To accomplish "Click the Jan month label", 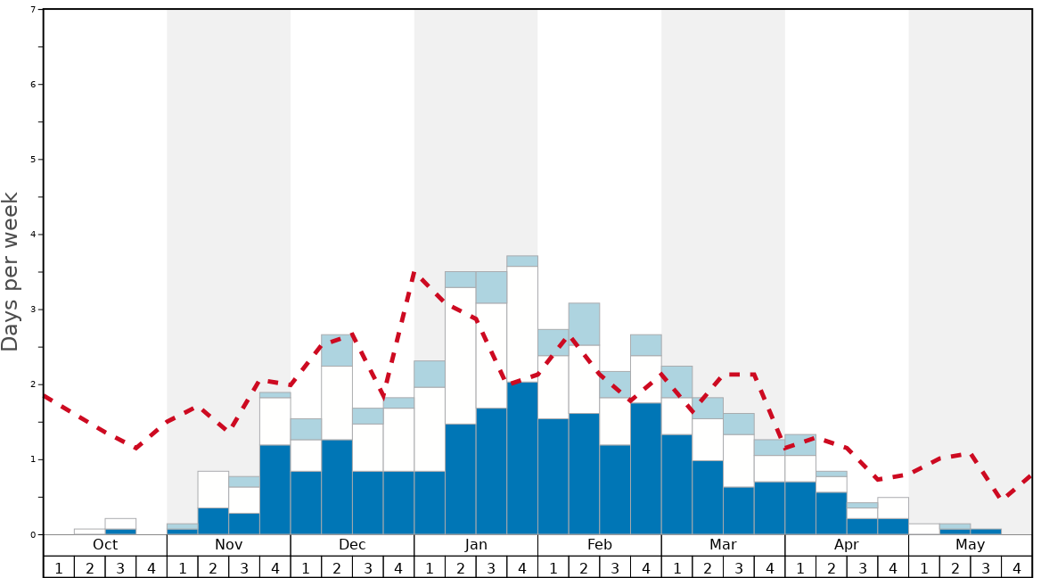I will (476, 545).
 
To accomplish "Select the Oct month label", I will (105, 545).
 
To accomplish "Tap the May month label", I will (970, 545).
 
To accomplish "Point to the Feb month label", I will (600, 545).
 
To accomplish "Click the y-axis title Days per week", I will (11, 271).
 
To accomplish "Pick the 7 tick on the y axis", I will (33, 10).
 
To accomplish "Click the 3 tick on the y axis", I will (33, 310).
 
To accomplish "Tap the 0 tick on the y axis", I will (33, 534).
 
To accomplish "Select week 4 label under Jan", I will (521, 567).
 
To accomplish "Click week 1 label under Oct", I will (59, 567).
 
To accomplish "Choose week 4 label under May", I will (1016, 567).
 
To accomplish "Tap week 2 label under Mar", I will (708, 567).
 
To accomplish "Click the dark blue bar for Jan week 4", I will (522, 458).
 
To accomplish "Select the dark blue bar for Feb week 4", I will (645, 468).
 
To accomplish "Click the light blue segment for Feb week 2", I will (584, 324).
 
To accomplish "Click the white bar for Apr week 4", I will (893, 508).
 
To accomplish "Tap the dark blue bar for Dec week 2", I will (337, 486).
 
